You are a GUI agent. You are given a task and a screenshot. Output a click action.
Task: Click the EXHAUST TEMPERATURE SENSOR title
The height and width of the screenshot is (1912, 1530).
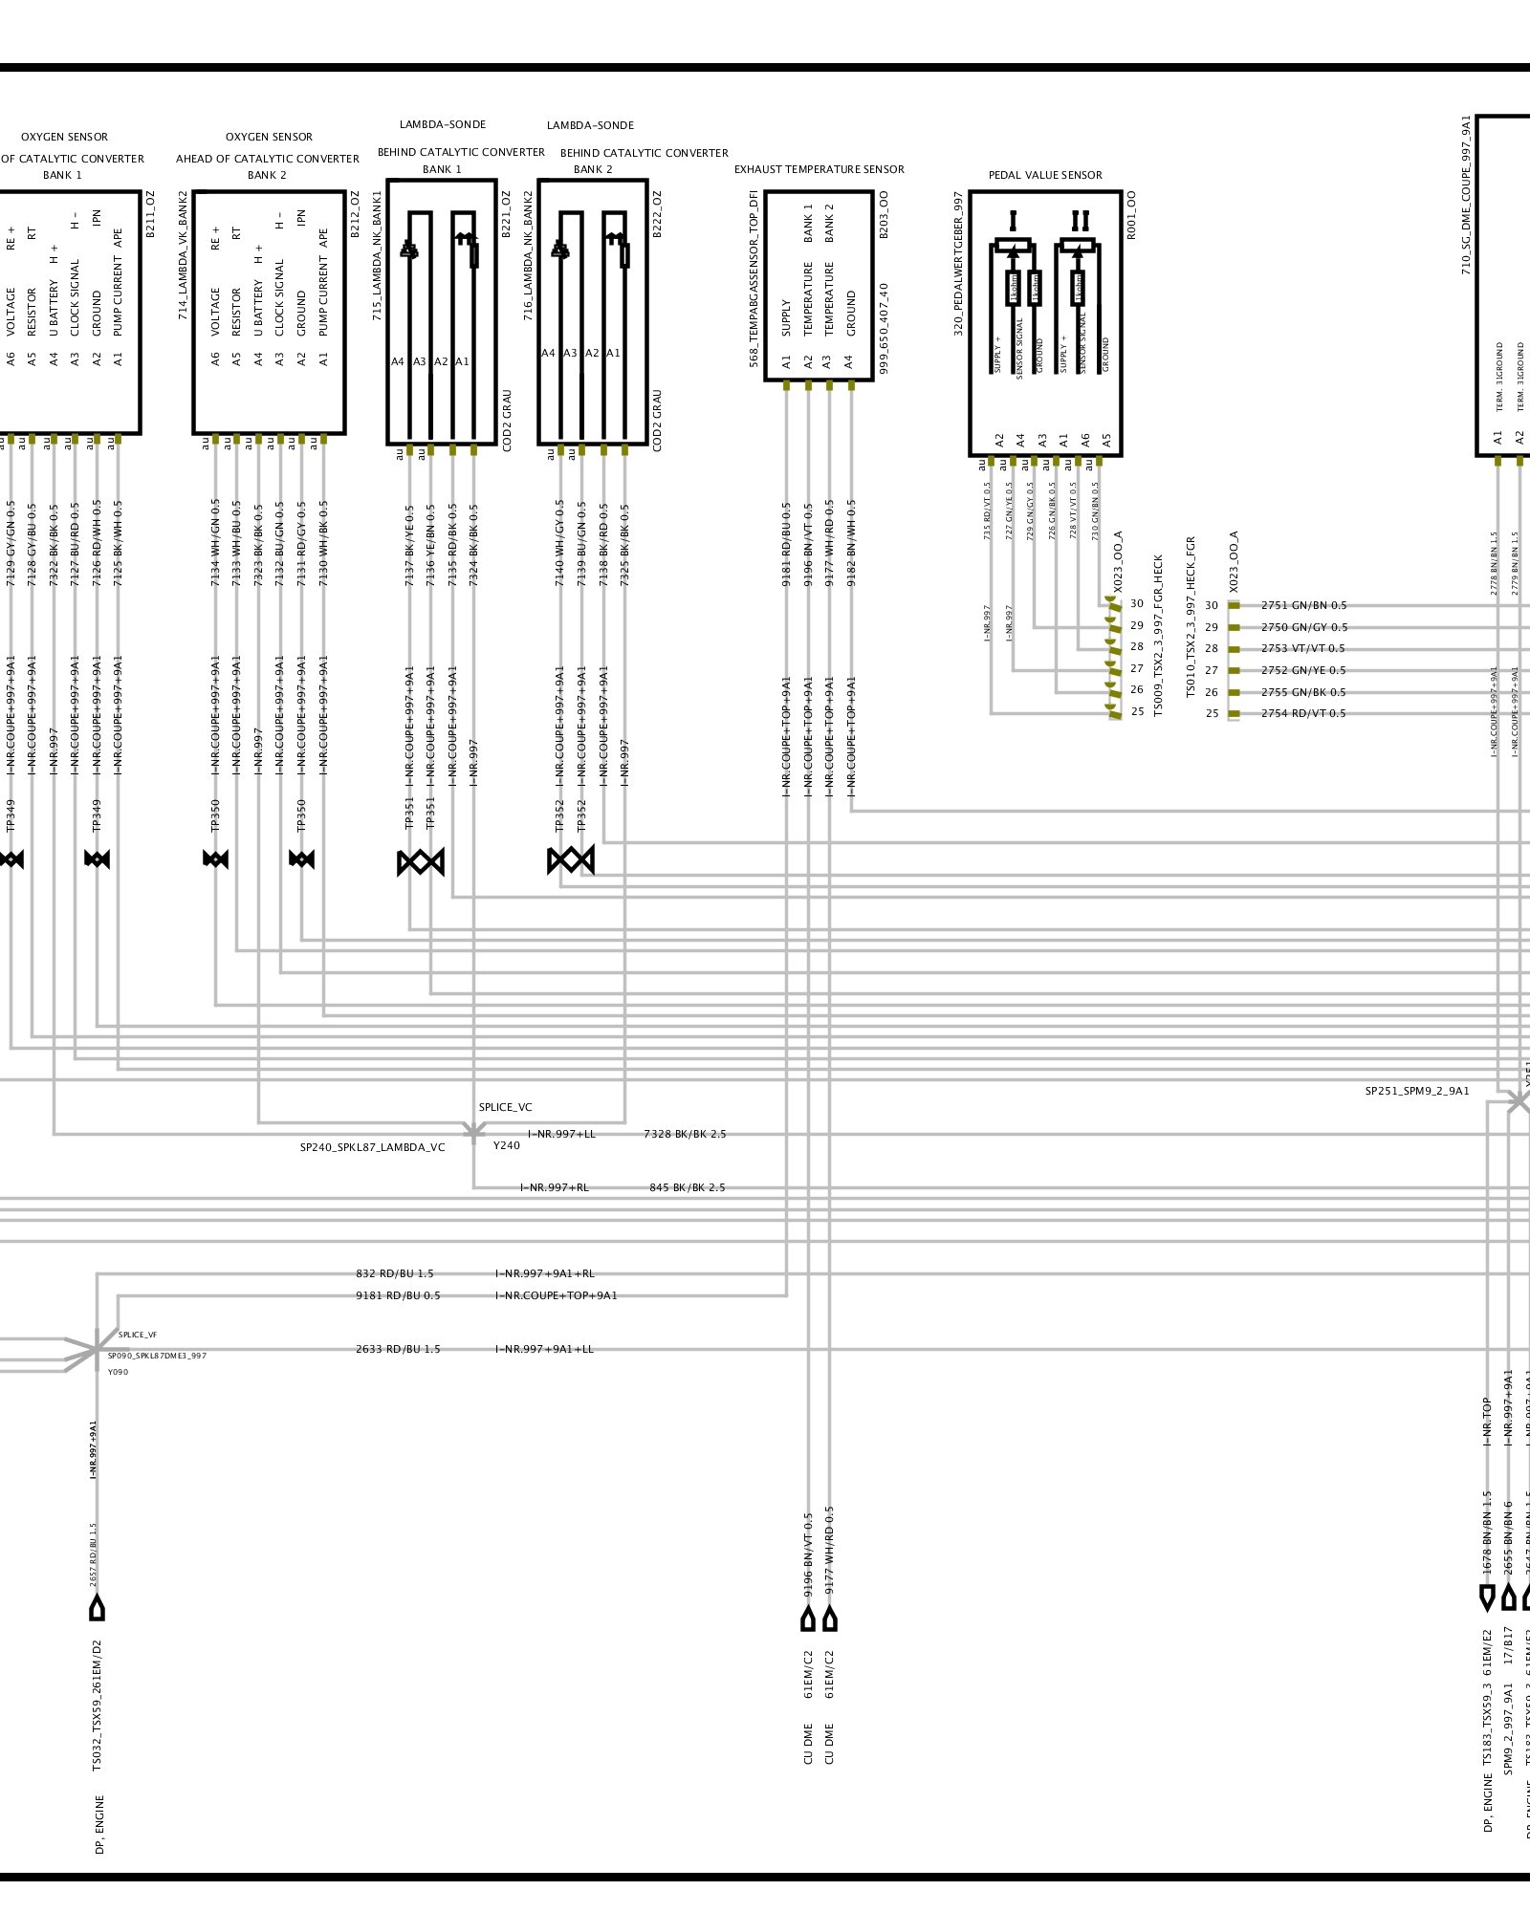tap(819, 169)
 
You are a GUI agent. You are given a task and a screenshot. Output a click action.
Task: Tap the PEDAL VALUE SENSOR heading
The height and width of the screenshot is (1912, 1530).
tap(1045, 175)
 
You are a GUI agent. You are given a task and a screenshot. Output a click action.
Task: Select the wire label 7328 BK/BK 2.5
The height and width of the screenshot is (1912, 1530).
tap(685, 1134)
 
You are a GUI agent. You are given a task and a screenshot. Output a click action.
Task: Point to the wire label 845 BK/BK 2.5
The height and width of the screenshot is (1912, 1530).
tap(687, 1187)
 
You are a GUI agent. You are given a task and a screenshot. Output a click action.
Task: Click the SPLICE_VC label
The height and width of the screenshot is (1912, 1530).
tap(505, 1107)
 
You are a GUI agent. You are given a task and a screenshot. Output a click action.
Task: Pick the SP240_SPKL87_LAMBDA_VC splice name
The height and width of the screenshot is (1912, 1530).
tap(372, 1147)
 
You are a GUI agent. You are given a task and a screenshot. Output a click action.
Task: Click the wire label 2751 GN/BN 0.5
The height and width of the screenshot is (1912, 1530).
tap(1303, 605)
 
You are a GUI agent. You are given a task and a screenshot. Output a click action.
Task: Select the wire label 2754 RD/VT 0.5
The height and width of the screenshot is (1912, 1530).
tap(1302, 713)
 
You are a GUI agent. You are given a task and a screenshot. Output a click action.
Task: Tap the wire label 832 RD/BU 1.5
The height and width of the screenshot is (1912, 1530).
tap(394, 1273)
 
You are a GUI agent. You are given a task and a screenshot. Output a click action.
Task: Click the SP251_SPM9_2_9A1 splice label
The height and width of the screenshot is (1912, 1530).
tap(1416, 1091)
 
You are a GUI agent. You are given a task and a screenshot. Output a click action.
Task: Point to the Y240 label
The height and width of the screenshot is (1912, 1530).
tap(507, 1145)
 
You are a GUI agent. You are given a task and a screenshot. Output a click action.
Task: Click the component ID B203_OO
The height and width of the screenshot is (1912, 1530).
tap(884, 214)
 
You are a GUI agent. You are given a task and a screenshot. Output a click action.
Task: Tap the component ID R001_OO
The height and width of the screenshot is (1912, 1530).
tap(1131, 214)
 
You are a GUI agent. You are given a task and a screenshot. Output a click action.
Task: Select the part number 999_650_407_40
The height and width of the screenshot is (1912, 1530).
tap(884, 327)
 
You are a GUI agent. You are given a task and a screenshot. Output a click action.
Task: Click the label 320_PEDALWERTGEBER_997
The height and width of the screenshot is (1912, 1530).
tap(958, 264)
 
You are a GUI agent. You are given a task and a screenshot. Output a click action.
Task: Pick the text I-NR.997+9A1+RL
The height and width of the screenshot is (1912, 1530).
tap(545, 1273)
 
